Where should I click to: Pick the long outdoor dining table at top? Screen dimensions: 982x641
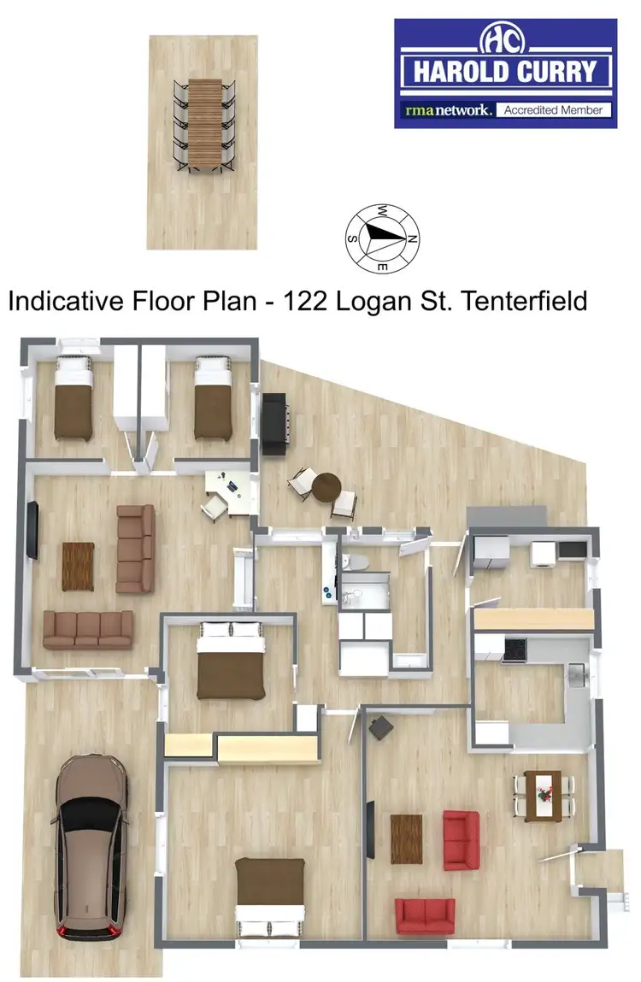click(204, 125)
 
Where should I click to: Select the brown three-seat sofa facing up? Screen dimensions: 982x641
click(88, 629)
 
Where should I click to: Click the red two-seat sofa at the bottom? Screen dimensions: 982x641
click(425, 915)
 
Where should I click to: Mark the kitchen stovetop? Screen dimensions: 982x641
click(515, 650)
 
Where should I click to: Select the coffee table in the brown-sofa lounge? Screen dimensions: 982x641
click(78, 566)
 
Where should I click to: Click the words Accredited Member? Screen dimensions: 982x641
click(553, 110)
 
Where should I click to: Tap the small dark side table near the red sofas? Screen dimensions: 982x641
click(380, 727)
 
